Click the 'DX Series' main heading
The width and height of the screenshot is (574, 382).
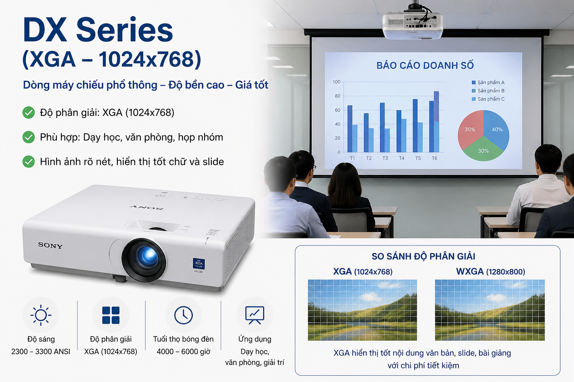[98, 30]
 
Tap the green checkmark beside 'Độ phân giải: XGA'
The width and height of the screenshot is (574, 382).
[29, 112]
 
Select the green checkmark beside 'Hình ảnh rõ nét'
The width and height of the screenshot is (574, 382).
[29, 162]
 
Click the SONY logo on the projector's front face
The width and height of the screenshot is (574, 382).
[50, 245]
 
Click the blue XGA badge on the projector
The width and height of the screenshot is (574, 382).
[198, 263]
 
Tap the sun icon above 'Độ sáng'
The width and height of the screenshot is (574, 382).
[41, 315]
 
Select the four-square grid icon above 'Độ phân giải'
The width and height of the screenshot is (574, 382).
[111, 315]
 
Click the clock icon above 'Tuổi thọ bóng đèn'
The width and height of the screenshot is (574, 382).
[183, 315]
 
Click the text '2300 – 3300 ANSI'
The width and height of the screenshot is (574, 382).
[41, 351]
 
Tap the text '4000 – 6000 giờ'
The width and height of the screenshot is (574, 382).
[183, 351]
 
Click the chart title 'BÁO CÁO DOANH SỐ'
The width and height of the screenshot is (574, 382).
[425, 66]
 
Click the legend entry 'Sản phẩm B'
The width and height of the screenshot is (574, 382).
[491, 91]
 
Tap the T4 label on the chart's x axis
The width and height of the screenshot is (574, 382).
[401, 159]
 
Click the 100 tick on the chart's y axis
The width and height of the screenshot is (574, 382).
[336, 82]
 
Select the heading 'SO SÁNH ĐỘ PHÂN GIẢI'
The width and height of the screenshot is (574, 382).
[423, 256]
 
